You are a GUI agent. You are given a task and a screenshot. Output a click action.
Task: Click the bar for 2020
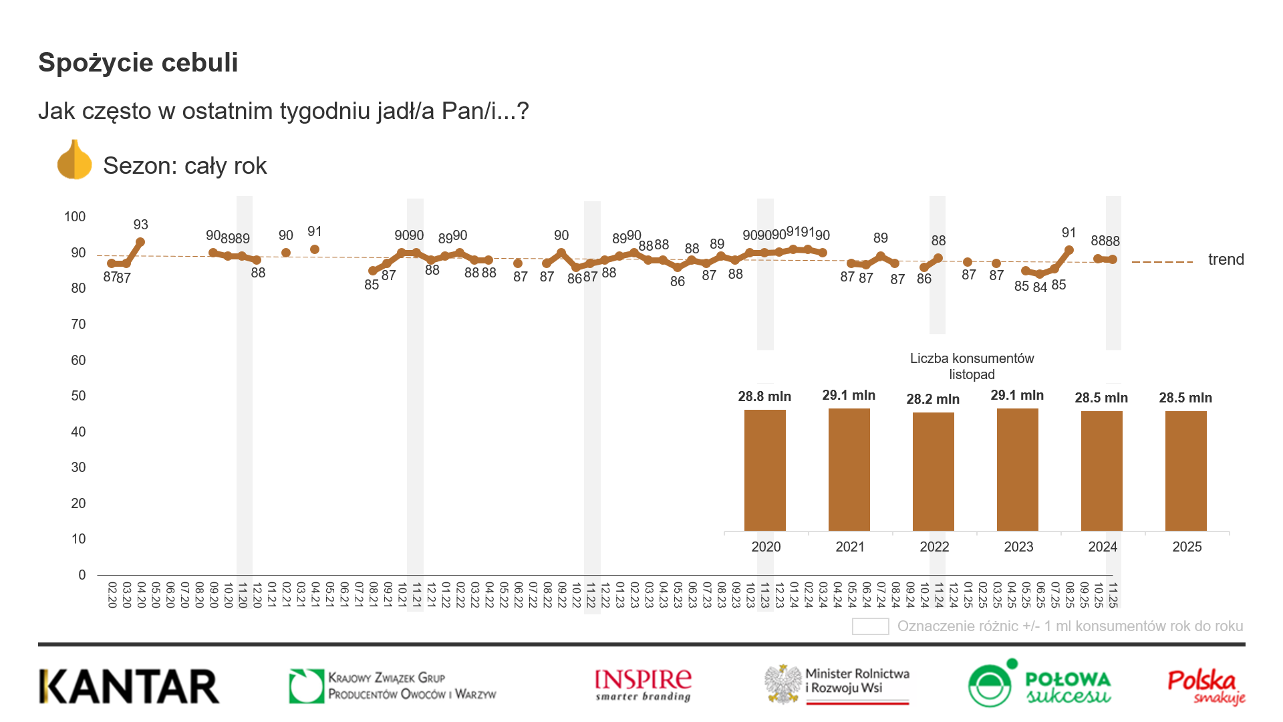coord(764,470)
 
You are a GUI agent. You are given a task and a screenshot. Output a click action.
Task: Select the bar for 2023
coord(1017,469)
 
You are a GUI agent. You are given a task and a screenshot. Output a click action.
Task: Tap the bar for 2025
coord(1185,471)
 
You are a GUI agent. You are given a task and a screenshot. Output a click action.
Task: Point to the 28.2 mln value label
coord(933,399)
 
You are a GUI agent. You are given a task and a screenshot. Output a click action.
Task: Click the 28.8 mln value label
coord(764,396)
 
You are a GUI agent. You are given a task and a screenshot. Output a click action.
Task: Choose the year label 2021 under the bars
coord(850,547)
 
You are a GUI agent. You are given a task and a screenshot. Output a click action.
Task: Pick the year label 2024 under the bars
coord(1103,547)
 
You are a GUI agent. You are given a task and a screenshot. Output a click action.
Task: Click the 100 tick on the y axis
coord(75,217)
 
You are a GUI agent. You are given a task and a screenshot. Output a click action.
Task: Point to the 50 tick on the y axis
coord(78,396)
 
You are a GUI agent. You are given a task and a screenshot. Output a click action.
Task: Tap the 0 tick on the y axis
coord(82,575)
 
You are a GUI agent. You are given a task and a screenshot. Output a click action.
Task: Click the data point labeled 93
coord(140,242)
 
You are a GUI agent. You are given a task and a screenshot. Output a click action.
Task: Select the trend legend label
coord(1226,259)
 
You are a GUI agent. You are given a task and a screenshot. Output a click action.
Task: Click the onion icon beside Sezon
coord(74,160)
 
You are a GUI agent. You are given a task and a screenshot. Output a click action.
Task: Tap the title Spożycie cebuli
coord(138,62)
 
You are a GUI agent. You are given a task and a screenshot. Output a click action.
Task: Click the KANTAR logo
coord(129,687)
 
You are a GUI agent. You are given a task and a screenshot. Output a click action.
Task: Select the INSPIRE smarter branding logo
coord(643,685)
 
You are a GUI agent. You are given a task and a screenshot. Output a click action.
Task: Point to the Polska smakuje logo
coord(1206,687)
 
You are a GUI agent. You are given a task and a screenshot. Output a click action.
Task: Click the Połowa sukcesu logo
coord(1039,684)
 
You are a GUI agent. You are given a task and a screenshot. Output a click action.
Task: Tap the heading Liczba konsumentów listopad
coord(972,366)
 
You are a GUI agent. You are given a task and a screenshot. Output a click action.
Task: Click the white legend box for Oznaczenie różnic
coord(870,626)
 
